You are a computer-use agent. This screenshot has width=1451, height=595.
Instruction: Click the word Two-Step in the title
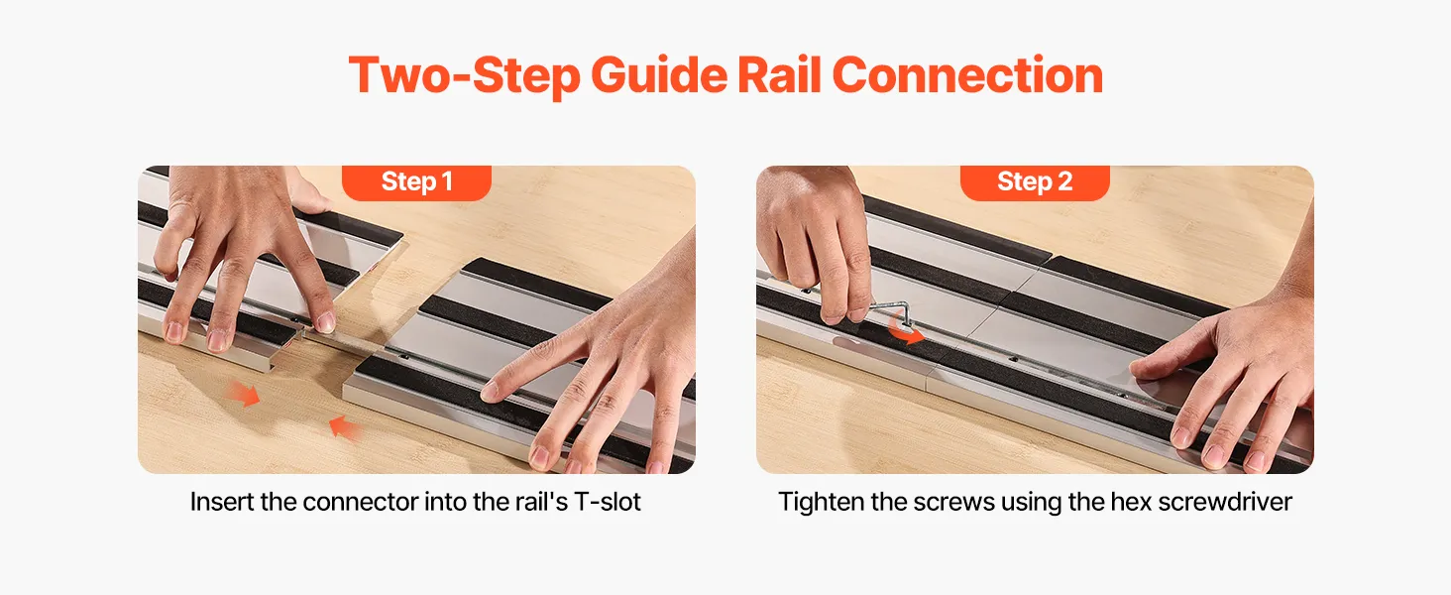click(x=464, y=75)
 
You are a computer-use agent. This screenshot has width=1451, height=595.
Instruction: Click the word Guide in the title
click(x=659, y=75)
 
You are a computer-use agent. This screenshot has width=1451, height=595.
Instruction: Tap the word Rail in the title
click(x=779, y=75)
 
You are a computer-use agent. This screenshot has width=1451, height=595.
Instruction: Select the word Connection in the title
click(x=967, y=75)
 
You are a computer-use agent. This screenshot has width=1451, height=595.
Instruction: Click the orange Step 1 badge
click(x=416, y=182)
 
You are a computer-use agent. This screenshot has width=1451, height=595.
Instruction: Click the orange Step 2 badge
click(x=1035, y=182)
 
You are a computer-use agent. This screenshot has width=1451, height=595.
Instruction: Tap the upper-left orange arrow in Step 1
click(x=244, y=393)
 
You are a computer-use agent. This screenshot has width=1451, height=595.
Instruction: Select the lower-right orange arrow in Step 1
click(x=345, y=428)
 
